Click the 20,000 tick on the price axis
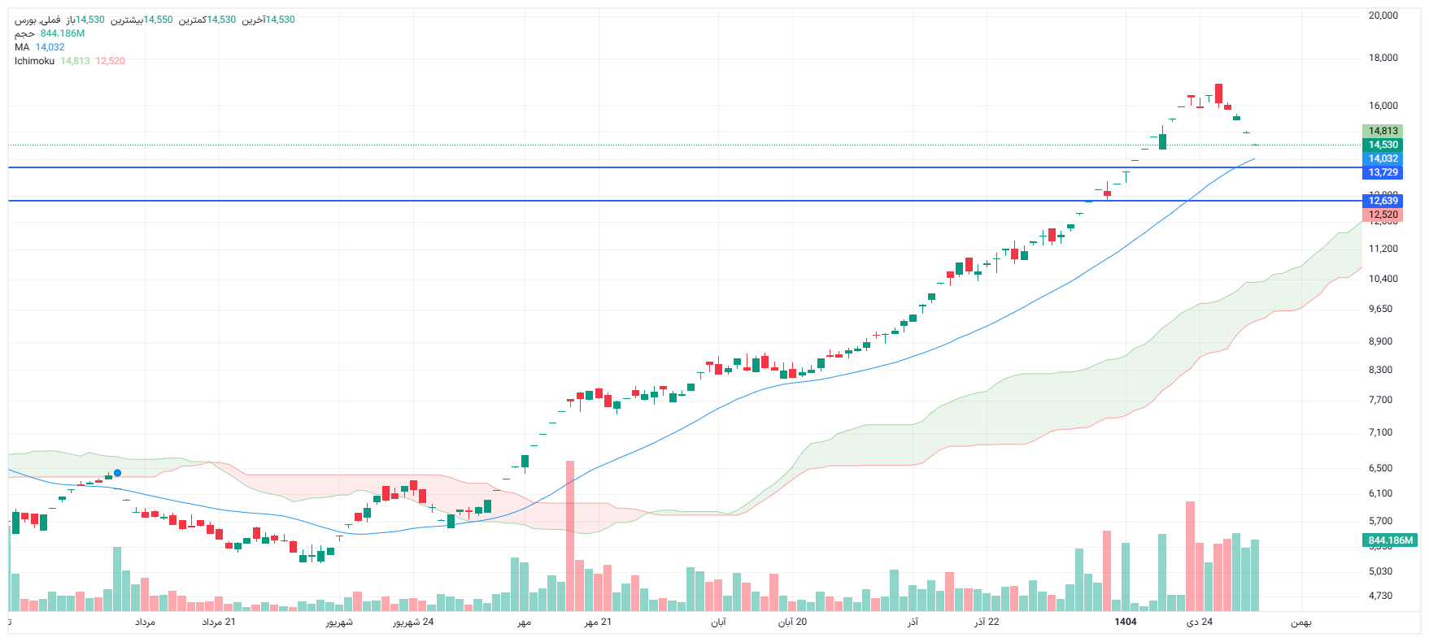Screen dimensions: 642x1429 1383,15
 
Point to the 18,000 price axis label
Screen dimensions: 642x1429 1383,58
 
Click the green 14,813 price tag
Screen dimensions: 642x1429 1382,131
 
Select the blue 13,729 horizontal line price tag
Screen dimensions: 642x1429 1382,172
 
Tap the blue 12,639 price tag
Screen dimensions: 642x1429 1382,201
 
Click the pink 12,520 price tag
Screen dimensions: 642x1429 1382,215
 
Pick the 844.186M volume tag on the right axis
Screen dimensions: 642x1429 1390,540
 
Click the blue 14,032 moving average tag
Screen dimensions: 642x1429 1382,158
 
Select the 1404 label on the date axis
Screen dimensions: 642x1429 1125,622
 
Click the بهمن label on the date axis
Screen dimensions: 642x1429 1300,622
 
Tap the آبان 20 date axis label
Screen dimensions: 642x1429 792,622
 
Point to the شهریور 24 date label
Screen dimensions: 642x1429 413,622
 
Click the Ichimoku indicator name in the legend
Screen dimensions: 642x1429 34,61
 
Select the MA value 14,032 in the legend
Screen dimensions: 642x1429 50,47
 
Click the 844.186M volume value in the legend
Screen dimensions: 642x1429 63,33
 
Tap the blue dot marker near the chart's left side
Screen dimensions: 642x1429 118,473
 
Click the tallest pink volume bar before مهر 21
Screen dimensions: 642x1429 570,536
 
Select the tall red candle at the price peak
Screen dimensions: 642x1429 1218,93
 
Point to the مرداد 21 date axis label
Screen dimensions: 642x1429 219,622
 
